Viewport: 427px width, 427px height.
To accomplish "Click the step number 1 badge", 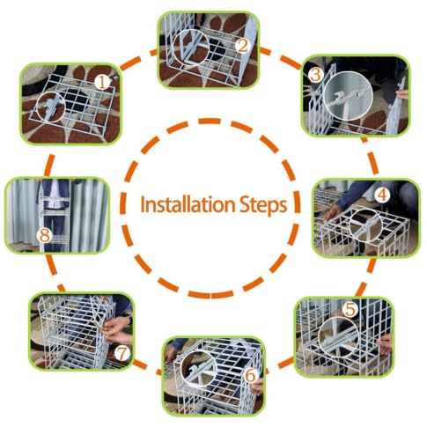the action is (102, 82).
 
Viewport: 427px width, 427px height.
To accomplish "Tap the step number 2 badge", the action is (243, 46).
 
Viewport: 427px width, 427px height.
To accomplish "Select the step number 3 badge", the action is (316, 75).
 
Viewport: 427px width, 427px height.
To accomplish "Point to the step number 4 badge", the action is (383, 195).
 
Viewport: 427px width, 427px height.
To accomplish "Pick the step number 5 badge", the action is (350, 309).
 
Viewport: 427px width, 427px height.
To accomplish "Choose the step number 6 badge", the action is (250, 375).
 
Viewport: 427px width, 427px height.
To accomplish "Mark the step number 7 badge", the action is (122, 353).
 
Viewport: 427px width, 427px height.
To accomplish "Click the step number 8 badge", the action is (45, 235).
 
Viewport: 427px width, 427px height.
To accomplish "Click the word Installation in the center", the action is (188, 204).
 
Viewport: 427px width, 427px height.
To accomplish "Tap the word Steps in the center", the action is (263, 206).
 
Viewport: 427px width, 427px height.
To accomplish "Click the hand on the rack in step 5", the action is (385, 344).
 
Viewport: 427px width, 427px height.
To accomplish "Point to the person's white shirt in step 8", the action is (55, 194).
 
